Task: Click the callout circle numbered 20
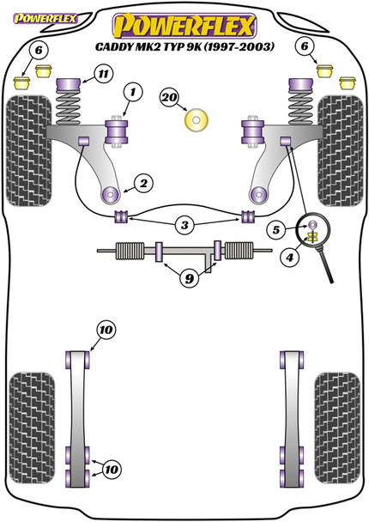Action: pyautogui.click(x=169, y=97)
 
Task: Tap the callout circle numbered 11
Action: pyautogui.click(x=104, y=73)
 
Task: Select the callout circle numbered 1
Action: pyautogui.click(x=133, y=92)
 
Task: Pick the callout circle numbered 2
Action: pyautogui.click(x=144, y=183)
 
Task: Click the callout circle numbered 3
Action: pyautogui.click(x=184, y=226)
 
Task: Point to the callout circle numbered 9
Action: pyautogui.click(x=190, y=278)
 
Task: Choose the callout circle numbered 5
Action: pyautogui.click(x=276, y=230)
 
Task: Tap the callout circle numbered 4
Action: pyautogui.click(x=289, y=257)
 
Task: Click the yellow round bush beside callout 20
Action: pyautogui.click(x=196, y=120)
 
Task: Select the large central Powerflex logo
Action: pyautogui.click(x=184, y=26)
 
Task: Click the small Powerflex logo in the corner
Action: pyautogui.click(x=45, y=19)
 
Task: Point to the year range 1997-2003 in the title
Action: pyautogui.click(x=239, y=46)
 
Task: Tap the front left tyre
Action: pyautogui.click(x=29, y=150)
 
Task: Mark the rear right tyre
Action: pyautogui.click(x=337, y=428)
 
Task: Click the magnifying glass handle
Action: pyautogui.click(x=326, y=264)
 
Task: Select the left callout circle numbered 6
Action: pyautogui.click(x=39, y=51)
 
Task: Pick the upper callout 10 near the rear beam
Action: pyautogui.click(x=106, y=330)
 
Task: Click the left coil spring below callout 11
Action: pyautogui.click(x=69, y=107)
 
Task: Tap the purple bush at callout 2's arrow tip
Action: pyautogui.click(x=111, y=194)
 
